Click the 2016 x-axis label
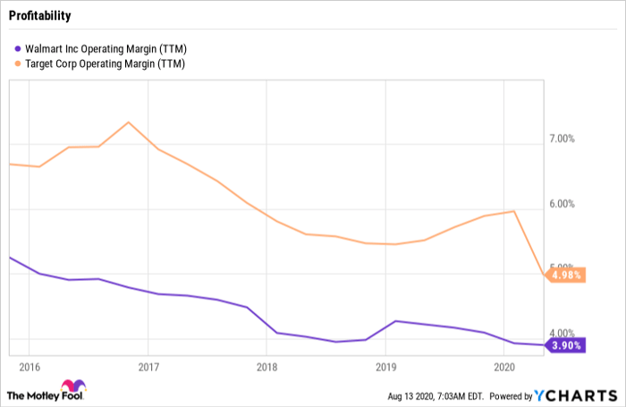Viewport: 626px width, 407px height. [30, 368]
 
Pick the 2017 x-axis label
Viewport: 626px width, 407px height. [148, 368]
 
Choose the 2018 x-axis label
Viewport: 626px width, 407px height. [266, 368]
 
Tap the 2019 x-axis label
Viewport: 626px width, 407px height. [385, 368]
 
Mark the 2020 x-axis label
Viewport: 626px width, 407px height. [503, 368]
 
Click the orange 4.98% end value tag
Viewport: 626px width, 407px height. [566, 276]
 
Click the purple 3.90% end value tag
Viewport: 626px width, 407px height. [566, 345]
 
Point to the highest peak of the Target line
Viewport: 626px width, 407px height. [129, 122]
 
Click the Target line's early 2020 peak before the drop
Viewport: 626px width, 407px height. [513, 211]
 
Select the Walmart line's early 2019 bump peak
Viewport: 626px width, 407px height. [394, 320]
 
